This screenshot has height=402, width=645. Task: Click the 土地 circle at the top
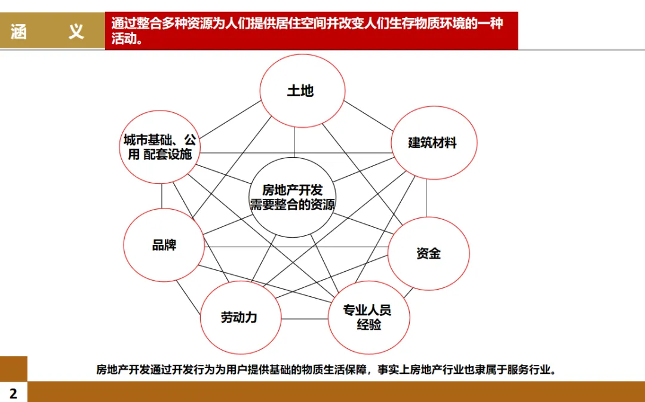[x=302, y=91]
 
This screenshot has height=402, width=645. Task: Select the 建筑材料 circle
[x=434, y=143]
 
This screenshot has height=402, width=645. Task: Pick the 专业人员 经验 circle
[x=368, y=317]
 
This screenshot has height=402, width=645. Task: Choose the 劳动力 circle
[x=239, y=317]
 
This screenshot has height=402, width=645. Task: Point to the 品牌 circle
[x=164, y=245]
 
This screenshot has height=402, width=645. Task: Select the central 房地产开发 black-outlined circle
[x=292, y=197]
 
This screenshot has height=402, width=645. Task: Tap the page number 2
[x=13, y=393]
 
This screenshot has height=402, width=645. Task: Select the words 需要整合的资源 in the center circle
[x=292, y=205]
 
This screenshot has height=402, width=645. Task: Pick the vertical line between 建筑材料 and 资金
[x=426, y=198]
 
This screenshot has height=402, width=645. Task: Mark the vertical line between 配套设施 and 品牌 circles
[x=161, y=196]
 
